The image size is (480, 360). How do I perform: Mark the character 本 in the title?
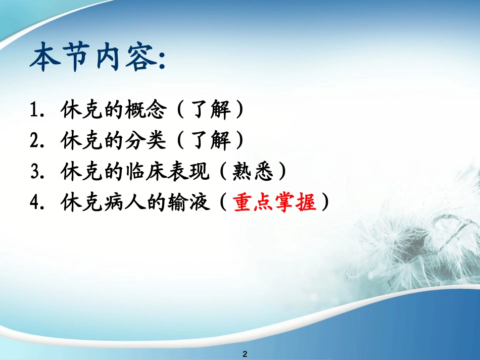click(x=46, y=59)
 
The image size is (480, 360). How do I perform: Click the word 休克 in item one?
click(x=81, y=111)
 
